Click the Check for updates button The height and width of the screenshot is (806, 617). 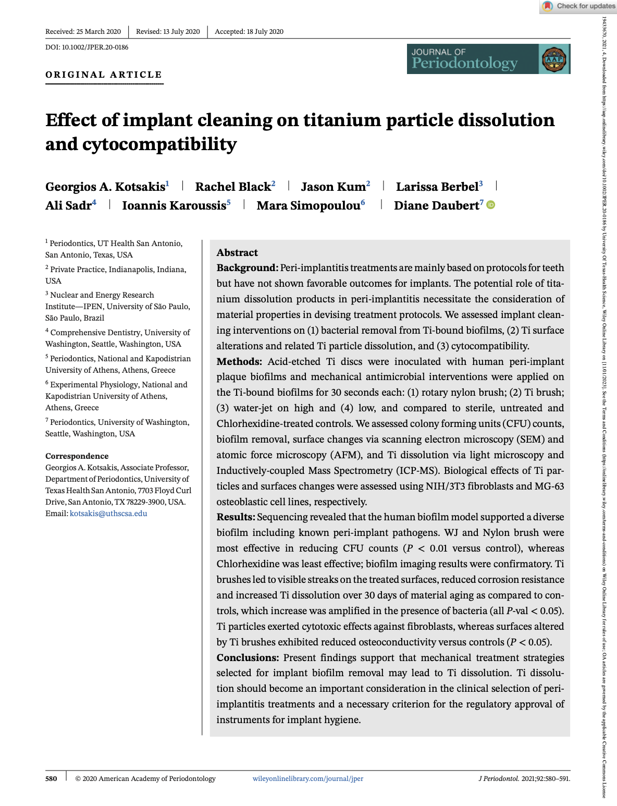(579, 6)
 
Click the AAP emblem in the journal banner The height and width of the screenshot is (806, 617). (554, 59)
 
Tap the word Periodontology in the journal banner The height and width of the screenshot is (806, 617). (464, 64)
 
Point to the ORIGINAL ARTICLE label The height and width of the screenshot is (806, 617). (104, 75)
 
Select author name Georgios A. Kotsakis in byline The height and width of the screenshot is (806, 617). (105, 187)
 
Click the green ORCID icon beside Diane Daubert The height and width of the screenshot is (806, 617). (491, 205)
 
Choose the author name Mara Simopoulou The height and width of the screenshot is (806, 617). (308, 205)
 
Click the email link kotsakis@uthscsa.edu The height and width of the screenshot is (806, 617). (108, 514)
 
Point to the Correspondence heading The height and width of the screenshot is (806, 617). (77, 456)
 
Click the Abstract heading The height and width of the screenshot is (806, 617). (237, 252)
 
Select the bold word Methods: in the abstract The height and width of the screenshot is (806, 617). (239, 361)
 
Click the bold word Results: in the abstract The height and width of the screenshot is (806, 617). (236, 517)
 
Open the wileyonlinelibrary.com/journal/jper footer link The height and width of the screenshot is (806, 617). (308, 778)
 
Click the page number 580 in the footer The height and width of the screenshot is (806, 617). (51, 778)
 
